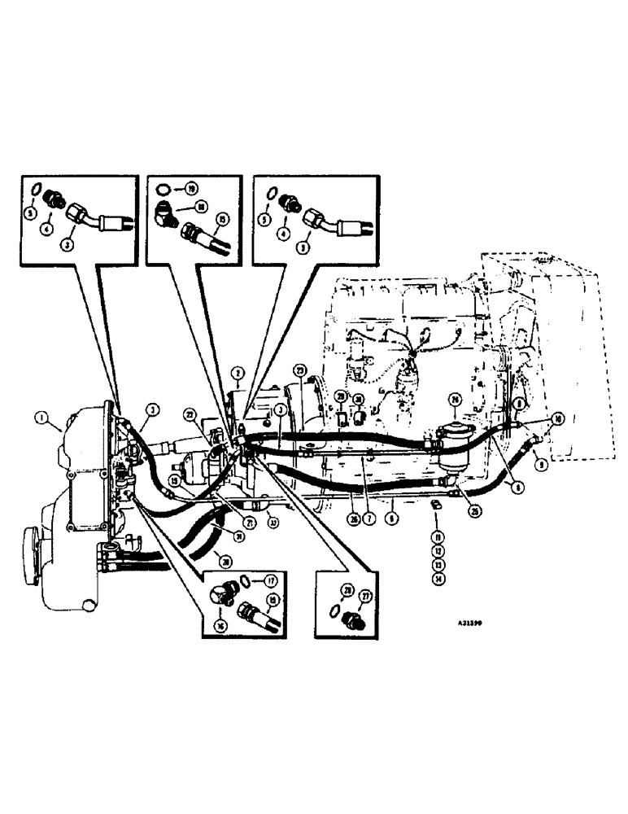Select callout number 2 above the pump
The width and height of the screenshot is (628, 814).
(x=237, y=375)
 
